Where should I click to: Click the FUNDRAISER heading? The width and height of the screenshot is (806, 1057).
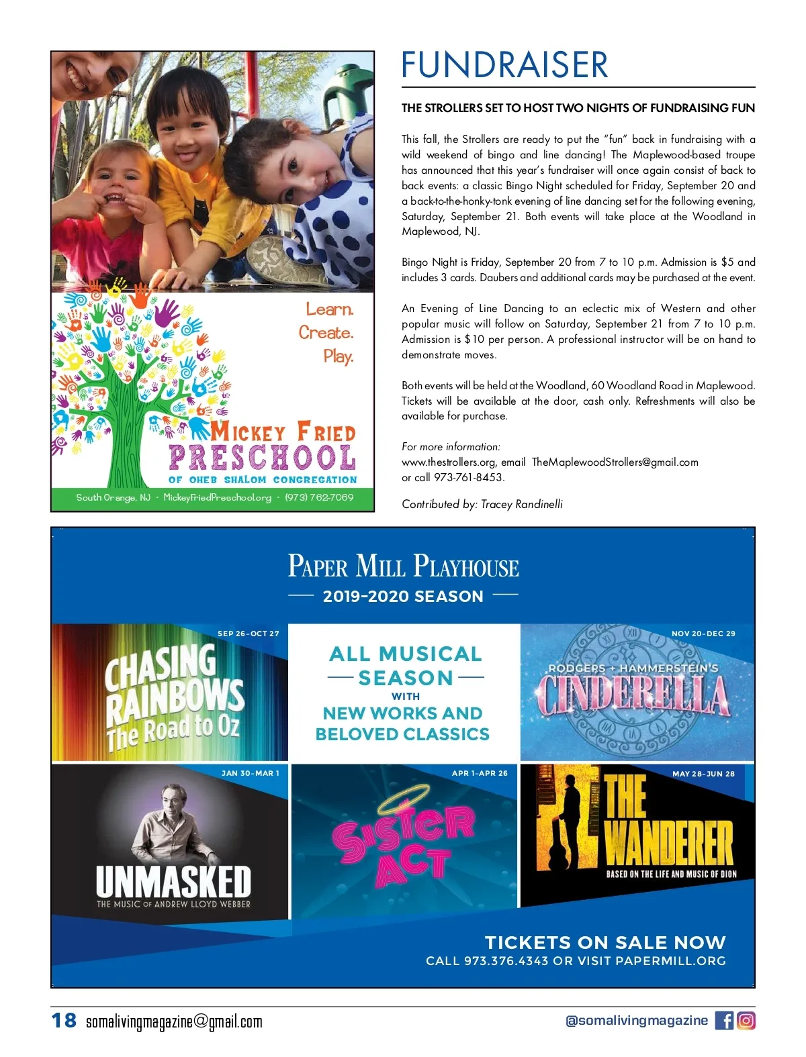504,65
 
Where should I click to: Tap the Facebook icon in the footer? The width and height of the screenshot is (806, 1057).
724,1021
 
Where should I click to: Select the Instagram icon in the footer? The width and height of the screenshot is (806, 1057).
746,1021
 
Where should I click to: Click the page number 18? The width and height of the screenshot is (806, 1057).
64,1021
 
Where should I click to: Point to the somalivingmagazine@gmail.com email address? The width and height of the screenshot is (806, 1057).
174,1022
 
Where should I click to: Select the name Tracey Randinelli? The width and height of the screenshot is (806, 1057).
522,505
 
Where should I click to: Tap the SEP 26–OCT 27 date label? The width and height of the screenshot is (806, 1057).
248,634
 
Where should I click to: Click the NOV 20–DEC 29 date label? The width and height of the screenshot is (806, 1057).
703,634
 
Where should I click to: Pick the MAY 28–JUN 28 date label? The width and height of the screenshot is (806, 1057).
703,774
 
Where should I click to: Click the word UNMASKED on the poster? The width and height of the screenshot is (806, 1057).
173,882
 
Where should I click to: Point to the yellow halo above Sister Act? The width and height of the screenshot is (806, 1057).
403,797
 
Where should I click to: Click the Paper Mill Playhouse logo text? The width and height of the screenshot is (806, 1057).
403,566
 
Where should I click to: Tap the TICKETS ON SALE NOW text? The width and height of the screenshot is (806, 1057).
605,943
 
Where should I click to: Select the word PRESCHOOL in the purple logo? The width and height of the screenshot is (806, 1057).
262,458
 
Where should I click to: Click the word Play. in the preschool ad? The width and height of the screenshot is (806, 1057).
339,356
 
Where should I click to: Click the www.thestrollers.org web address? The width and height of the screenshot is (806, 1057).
449,462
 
